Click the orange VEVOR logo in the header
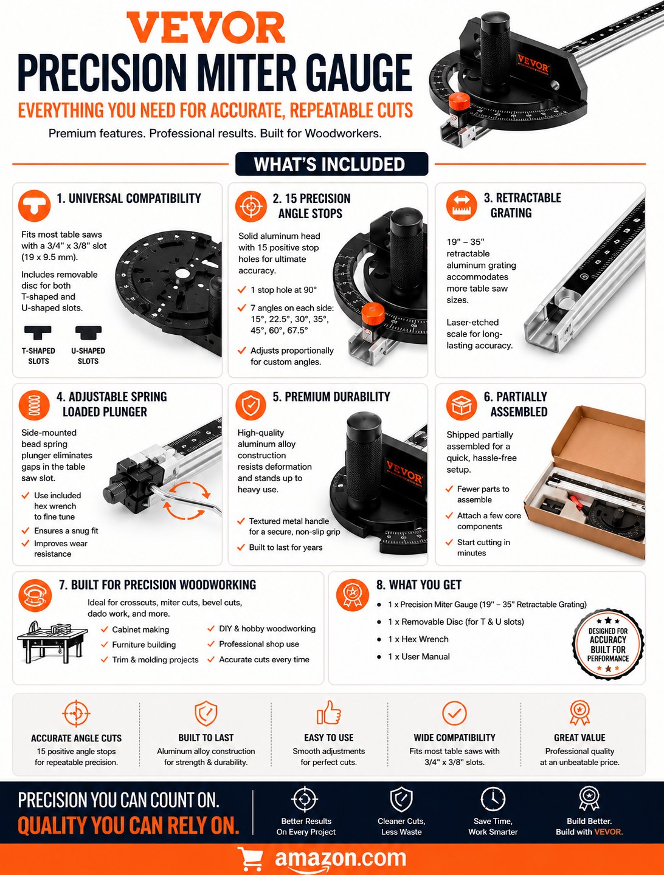(206, 27)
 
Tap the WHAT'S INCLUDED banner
(331, 164)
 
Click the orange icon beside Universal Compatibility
(34, 206)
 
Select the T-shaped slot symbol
(38, 332)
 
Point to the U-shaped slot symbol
(88, 332)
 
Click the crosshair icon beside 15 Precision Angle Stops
(251, 206)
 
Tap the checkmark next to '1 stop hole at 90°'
(241, 289)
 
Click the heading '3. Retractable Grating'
(522, 205)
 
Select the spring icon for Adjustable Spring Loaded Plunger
(34, 405)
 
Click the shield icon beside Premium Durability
(251, 405)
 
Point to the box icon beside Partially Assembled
(462, 405)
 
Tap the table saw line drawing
(52, 642)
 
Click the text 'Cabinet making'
(140, 630)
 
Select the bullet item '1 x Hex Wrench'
(418, 639)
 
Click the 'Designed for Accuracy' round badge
(608, 645)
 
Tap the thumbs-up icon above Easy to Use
(328, 712)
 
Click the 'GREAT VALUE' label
(579, 738)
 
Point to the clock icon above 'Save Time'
(493, 799)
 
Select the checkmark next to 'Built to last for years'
(240, 547)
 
